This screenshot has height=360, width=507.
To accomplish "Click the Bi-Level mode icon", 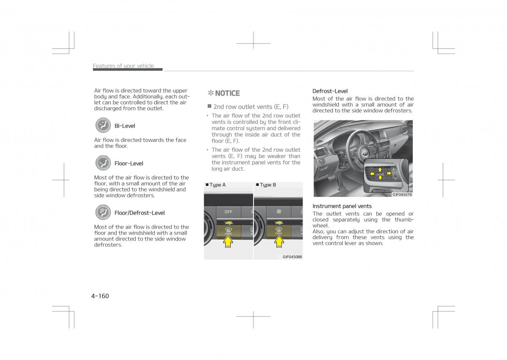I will point(103,125).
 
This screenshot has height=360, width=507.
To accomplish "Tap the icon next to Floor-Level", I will point(103,163).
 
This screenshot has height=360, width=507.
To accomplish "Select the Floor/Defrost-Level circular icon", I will point(103,213).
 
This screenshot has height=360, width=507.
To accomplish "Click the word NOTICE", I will point(227,93).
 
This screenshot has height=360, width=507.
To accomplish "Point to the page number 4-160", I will point(100,296).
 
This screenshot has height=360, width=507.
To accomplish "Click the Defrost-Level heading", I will point(330,91).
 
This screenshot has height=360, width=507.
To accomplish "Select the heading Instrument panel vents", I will point(342,206).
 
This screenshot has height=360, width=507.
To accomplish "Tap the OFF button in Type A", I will point(228,212).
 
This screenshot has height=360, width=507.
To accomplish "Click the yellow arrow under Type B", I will point(279,241).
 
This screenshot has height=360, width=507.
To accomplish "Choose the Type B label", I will point(267,185).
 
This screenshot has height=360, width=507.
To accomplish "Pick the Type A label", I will point(217,185).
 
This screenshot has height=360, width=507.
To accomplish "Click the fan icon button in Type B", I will point(278,212).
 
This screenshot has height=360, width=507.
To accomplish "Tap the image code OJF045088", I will point(292,256).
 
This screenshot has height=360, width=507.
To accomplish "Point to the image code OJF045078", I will point(402,194).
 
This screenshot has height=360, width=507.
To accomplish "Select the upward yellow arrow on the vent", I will point(380,169).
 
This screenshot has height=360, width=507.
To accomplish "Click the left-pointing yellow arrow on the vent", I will point(372,174).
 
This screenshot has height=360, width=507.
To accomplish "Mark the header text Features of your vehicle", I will point(123,66).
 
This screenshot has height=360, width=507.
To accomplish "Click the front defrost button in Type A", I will point(228,231).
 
